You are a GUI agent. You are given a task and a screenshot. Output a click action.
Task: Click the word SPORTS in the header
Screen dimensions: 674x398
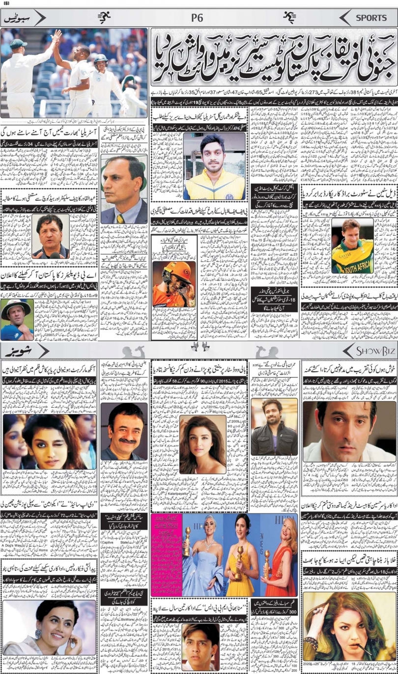(372, 18)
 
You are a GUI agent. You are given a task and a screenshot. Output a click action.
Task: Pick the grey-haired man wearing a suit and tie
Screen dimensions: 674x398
(123, 187)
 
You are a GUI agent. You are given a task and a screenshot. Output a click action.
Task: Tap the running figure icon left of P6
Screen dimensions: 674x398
(104, 18)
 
